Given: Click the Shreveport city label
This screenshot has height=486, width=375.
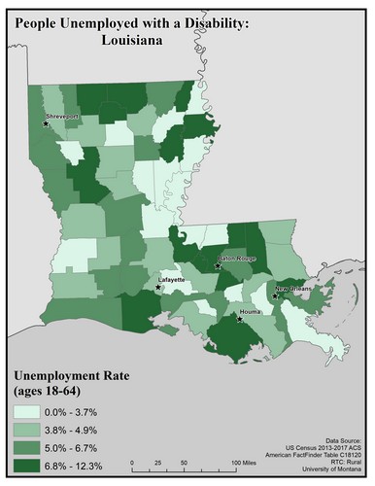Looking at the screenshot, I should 60,117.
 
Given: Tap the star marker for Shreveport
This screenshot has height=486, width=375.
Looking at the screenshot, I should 45,123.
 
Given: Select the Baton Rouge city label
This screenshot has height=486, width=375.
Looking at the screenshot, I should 236,259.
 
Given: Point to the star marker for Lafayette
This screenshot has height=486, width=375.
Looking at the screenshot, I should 158,287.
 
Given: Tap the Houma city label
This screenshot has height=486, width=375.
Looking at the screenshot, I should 255,311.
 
